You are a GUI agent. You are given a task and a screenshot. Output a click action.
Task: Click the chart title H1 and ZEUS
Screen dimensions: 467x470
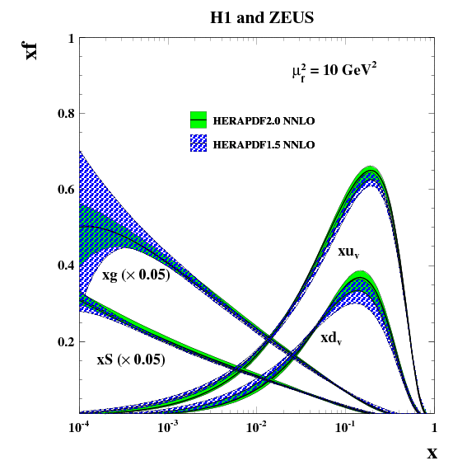pyautogui.click(x=262, y=17)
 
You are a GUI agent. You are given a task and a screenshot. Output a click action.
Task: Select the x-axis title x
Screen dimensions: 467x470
pyautogui.click(x=432, y=454)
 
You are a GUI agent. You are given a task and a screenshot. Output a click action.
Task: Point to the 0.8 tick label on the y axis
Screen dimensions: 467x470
pyautogui.click(x=66, y=113)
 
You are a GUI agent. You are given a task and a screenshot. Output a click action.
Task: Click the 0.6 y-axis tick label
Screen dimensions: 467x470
pyautogui.click(x=66, y=190)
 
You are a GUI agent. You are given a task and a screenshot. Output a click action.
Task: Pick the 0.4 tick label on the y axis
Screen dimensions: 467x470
pyautogui.click(x=66, y=266)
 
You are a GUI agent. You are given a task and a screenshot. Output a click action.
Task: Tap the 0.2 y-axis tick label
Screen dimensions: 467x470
pyautogui.click(x=66, y=341)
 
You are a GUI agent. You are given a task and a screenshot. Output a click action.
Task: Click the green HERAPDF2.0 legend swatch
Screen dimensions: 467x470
pyautogui.click(x=198, y=120)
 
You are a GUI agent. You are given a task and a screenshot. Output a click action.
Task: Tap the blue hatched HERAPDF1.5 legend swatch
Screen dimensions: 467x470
pyautogui.click(x=198, y=143)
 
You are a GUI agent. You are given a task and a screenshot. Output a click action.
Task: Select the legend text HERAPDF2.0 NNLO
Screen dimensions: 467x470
pyautogui.click(x=264, y=120)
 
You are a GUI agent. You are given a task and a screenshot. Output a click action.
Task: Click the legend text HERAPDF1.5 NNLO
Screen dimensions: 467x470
pyautogui.click(x=264, y=145)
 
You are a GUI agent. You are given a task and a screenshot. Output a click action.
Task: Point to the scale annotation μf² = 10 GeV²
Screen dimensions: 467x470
pyautogui.click(x=334, y=72)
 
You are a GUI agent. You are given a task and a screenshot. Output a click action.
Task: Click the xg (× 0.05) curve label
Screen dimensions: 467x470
pyautogui.click(x=136, y=275)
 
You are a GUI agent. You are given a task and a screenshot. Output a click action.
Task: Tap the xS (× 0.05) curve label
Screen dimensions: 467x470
pyautogui.click(x=131, y=360)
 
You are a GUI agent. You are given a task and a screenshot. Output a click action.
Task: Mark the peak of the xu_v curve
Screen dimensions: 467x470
pyautogui.click(x=371, y=170)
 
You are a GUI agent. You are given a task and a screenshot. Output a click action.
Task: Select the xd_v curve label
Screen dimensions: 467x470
pyautogui.click(x=331, y=338)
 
